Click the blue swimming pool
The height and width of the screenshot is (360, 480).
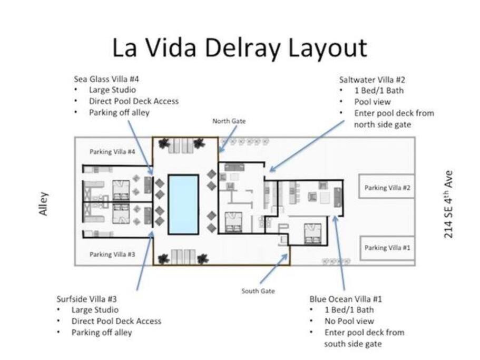[183, 205]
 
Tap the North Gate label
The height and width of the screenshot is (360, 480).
[229, 121]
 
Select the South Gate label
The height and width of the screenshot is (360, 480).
[258, 291]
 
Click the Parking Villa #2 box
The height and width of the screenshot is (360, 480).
[387, 187]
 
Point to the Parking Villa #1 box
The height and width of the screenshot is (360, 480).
[387, 248]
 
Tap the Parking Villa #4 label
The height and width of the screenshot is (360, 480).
[112, 152]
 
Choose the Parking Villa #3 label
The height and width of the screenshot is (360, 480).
[112, 255]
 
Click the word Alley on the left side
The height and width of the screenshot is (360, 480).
[43, 204]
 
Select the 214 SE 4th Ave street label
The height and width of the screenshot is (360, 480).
[448, 205]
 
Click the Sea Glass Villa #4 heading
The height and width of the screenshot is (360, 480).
[106, 79]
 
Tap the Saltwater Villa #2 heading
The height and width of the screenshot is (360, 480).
[372, 80]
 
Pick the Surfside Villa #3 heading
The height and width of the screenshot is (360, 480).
[86, 299]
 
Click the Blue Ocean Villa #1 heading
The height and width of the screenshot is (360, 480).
[346, 299]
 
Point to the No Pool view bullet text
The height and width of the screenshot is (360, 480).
[349, 321]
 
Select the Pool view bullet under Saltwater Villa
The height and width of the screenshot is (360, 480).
[373, 102]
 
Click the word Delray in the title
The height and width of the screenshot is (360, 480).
[242, 48]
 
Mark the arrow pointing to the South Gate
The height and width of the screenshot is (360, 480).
[274, 269]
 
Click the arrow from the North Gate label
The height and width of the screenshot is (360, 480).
[228, 139]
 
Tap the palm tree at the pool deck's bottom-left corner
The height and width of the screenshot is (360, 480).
[163, 259]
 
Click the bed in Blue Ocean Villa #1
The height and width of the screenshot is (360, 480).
[312, 233]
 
